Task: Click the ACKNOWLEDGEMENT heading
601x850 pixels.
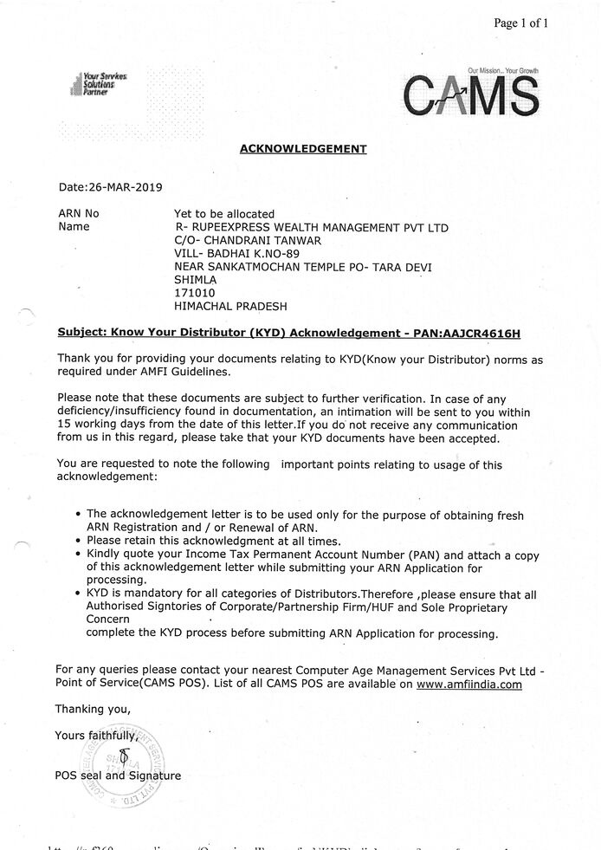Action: [x=302, y=149]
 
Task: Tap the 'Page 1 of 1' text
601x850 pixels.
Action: [x=521, y=23]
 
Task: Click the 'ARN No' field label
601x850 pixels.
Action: [x=78, y=213]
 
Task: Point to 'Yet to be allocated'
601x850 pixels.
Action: [x=224, y=213]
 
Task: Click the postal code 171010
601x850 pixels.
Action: [x=195, y=293]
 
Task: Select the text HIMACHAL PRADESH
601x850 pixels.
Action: [x=230, y=306]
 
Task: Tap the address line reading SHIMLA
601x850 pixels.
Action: [x=196, y=280]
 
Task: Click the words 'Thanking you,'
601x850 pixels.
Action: [x=93, y=709]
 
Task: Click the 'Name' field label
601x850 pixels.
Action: [x=74, y=227]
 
